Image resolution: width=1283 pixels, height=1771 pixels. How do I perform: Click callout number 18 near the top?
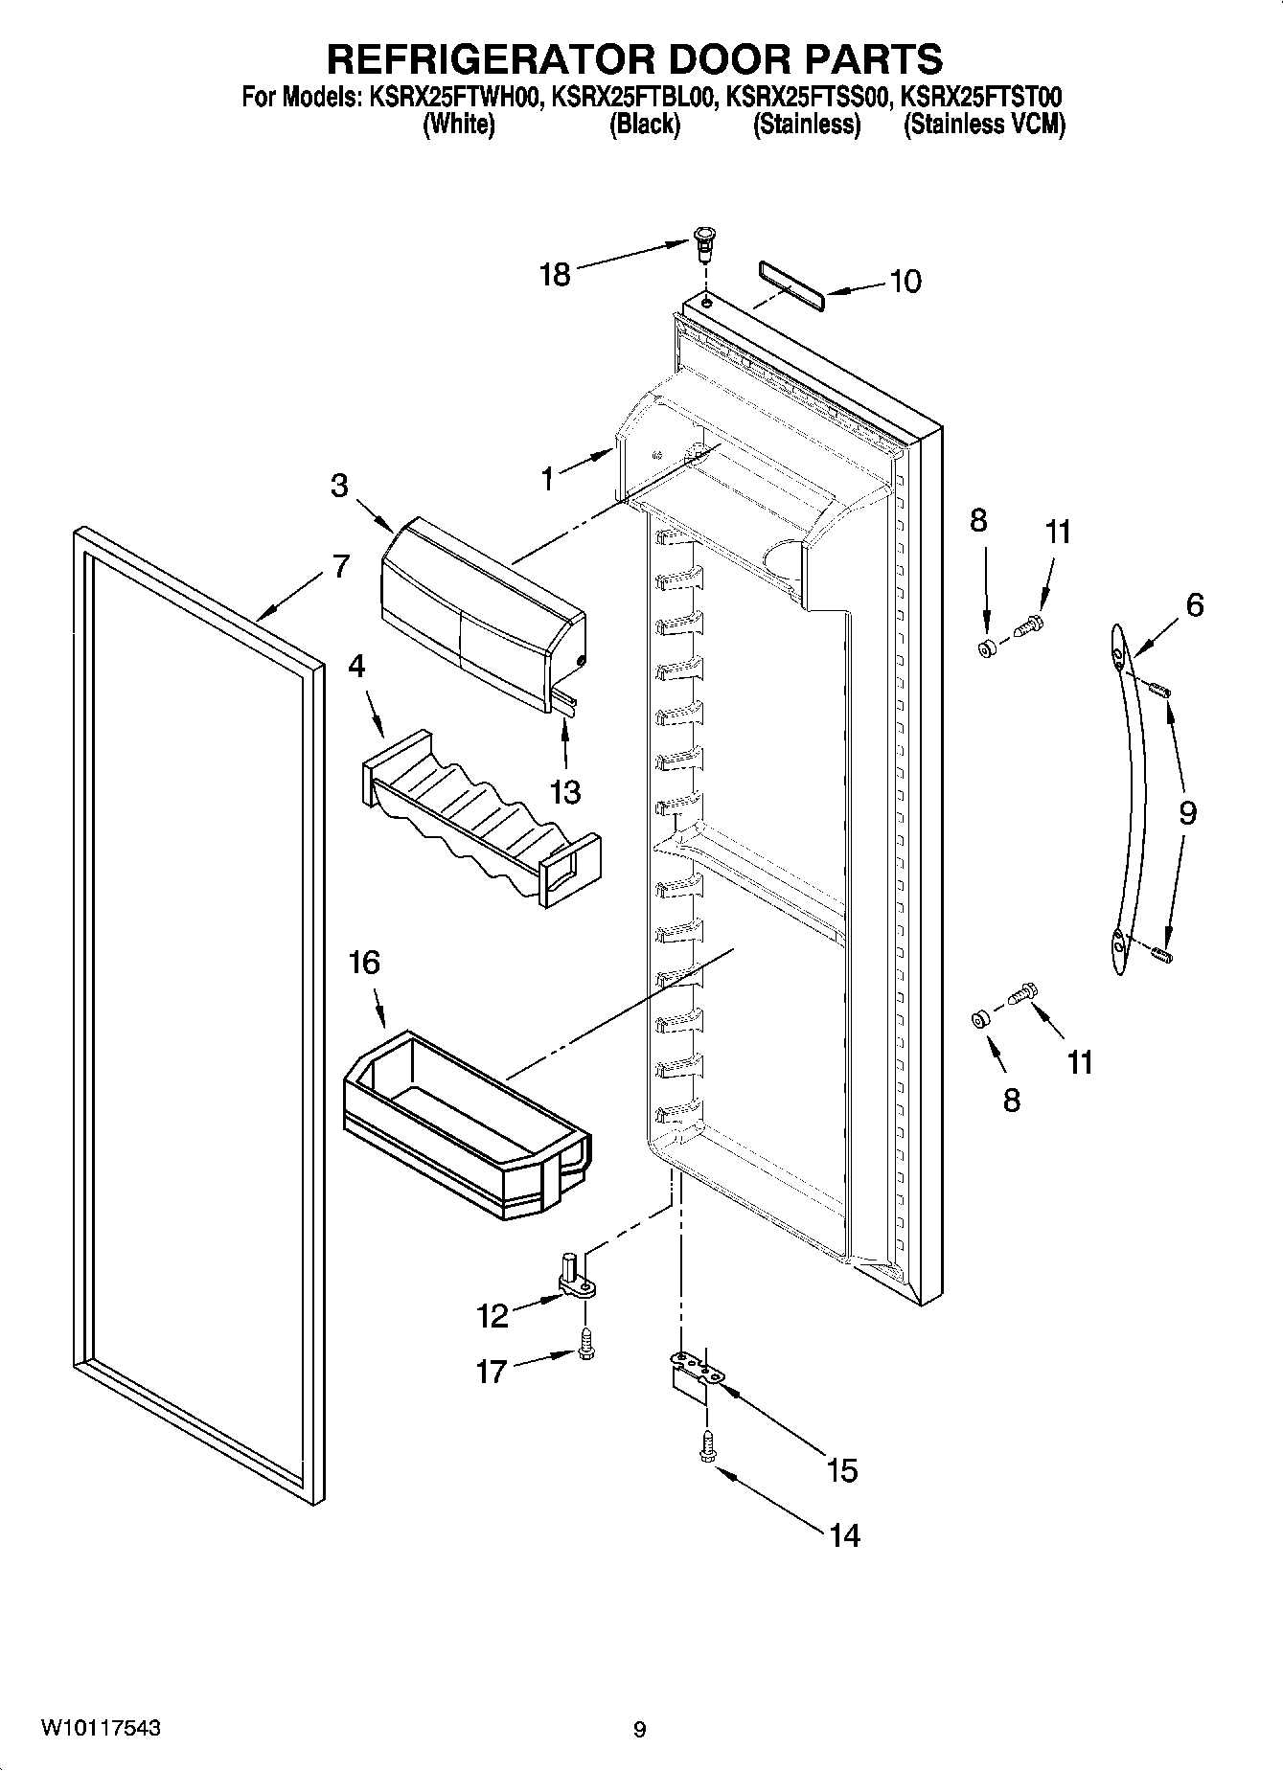tap(555, 275)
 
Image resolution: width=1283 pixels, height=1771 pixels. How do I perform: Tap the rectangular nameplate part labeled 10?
tap(791, 284)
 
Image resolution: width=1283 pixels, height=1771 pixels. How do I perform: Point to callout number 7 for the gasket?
tap(340, 566)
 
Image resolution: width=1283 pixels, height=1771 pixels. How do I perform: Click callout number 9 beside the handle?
tap(1187, 813)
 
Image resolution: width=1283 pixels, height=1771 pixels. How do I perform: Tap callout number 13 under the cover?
tap(565, 792)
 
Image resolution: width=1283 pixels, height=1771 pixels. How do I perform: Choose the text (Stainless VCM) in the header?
tap(984, 125)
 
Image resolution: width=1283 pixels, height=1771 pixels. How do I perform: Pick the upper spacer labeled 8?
tap(987, 649)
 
